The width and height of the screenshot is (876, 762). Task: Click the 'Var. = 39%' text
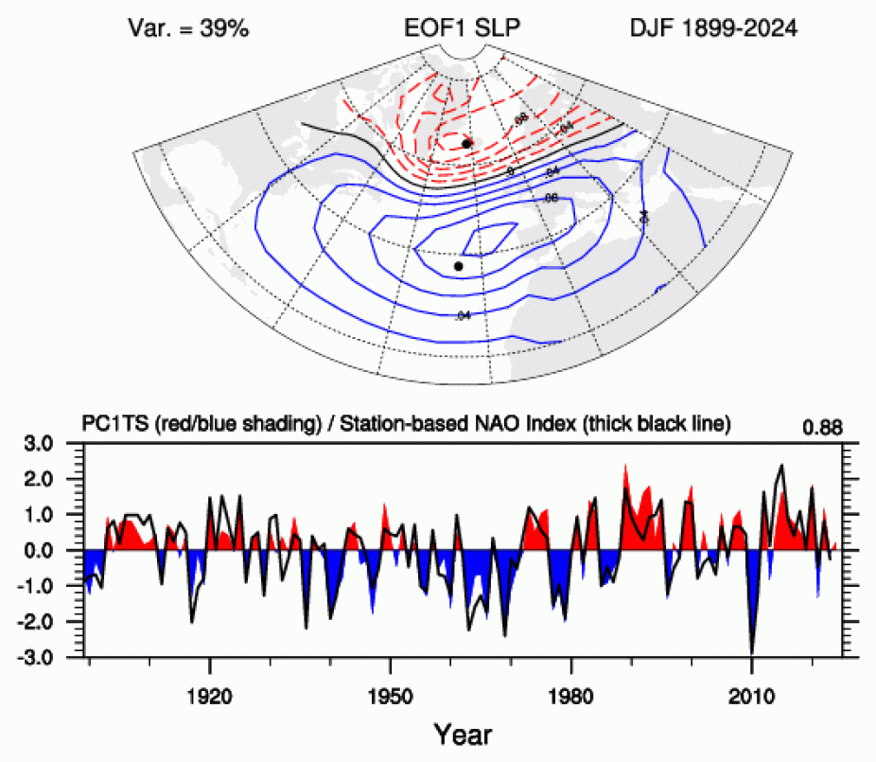[x=189, y=28]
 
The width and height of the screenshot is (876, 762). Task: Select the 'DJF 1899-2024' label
[x=714, y=28]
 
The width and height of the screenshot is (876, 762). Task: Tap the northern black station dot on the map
[x=467, y=142]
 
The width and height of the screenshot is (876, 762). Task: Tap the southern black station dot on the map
[x=459, y=266]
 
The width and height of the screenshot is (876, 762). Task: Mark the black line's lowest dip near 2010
[x=752, y=652]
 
